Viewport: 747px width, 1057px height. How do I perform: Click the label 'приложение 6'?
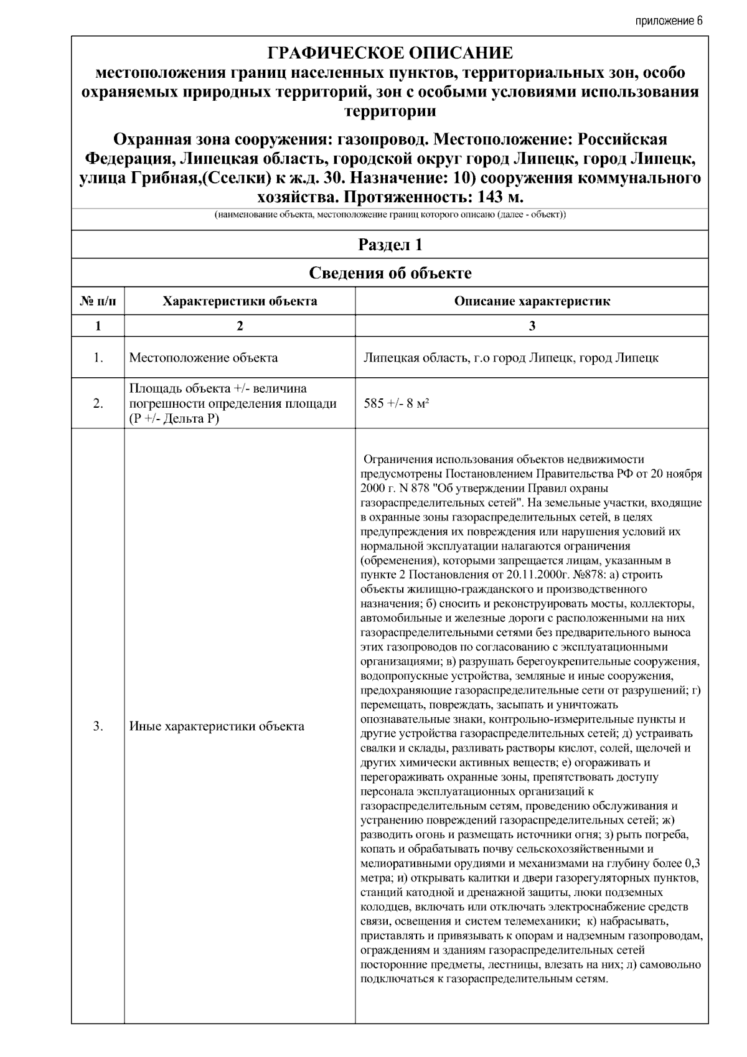[x=669, y=21]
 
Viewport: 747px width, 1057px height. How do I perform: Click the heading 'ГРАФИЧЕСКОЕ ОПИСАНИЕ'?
[x=390, y=53]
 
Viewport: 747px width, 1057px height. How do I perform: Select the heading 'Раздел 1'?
[x=390, y=245]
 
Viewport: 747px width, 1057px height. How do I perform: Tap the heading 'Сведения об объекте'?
[x=390, y=273]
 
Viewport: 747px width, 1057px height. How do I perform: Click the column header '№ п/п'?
[x=98, y=301]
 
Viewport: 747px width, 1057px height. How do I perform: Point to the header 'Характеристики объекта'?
[x=240, y=301]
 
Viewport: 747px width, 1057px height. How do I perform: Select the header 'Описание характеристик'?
[x=532, y=301]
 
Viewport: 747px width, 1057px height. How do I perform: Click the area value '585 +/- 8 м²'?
[x=397, y=403]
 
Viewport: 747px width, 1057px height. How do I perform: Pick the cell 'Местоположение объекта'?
[x=204, y=358]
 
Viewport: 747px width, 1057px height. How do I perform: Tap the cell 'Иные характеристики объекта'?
[x=217, y=726]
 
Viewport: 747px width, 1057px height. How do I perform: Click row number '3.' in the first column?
[x=98, y=726]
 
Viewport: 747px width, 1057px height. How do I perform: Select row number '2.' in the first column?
[x=98, y=403]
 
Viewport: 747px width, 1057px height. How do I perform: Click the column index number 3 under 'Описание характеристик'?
[x=532, y=326]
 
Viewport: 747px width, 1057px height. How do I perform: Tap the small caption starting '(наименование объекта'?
[x=390, y=215]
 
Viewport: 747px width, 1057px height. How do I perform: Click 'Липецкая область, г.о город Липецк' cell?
[x=510, y=358]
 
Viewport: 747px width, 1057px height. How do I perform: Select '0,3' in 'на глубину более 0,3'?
[x=692, y=864]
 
